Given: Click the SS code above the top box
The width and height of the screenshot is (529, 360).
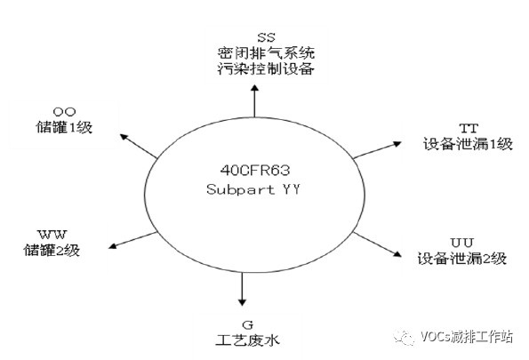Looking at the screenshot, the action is (266, 37).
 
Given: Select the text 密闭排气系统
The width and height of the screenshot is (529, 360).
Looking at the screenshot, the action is (266, 53).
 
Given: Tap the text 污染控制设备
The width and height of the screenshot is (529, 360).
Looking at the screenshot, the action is (266, 68).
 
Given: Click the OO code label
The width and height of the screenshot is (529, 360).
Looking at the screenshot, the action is (64, 112).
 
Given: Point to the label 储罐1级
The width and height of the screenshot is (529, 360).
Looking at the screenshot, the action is (64, 127).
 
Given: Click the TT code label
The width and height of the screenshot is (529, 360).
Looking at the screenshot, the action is (469, 128).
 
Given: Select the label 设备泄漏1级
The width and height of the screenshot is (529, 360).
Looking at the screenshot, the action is (468, 144).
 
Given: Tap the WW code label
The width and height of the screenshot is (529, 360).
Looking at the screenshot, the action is (52, 235).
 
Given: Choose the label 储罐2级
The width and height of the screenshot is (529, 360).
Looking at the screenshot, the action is (52, 250).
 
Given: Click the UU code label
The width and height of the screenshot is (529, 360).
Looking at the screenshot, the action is (462, 243).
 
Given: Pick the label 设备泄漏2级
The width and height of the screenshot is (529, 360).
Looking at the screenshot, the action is (462, 259).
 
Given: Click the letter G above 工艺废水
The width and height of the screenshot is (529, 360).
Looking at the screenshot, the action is (248, 325).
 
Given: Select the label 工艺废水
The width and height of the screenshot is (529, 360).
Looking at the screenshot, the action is (248, 340).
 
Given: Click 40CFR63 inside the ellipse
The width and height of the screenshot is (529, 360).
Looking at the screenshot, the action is (255, 171).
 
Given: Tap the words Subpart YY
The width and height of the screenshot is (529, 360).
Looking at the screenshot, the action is (253, 189).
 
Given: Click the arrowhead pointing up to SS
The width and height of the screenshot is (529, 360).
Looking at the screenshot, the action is (255, 88).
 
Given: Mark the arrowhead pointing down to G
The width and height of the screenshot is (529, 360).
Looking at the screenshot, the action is (242, 302).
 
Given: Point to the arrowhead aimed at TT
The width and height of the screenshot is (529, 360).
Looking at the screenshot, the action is (397, 144).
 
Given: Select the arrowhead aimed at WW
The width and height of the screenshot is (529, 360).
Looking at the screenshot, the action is (113, 245).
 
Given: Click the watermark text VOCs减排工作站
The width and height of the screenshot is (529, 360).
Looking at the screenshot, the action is (467, 336).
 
